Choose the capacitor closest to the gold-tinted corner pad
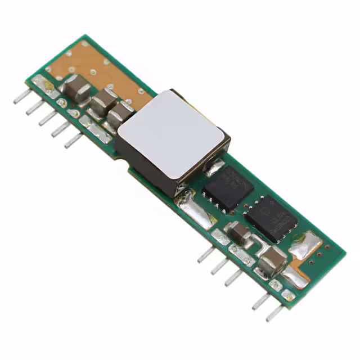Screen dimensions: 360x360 click(75, 87)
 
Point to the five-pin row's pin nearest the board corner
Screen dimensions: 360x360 click(22, 97)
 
